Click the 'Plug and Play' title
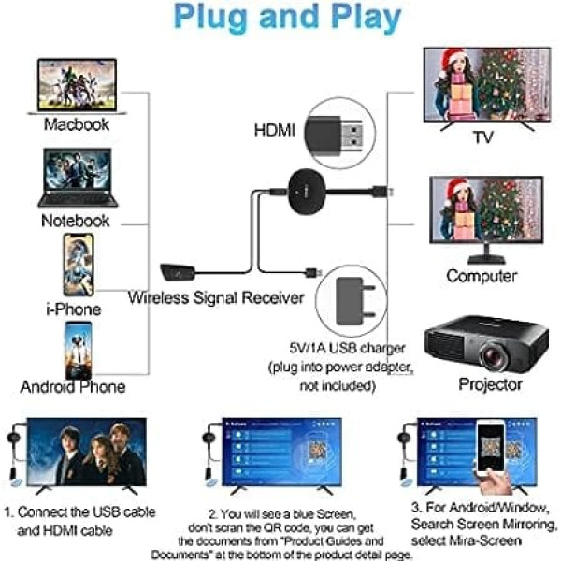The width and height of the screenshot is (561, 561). tap(280, 19)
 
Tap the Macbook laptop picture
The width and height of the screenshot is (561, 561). tap(77, 85)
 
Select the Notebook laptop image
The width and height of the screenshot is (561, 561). tap(77, 178)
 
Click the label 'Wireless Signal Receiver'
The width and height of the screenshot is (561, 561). tap(216, 298)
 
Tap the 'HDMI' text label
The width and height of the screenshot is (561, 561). tap(275, 131)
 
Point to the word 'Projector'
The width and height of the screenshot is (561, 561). tap(490, 383)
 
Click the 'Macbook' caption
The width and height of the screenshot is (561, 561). tap(76, 123)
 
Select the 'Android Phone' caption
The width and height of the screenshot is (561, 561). tap(73, 386)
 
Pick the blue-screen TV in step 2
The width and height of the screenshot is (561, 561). tap(280, 457)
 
